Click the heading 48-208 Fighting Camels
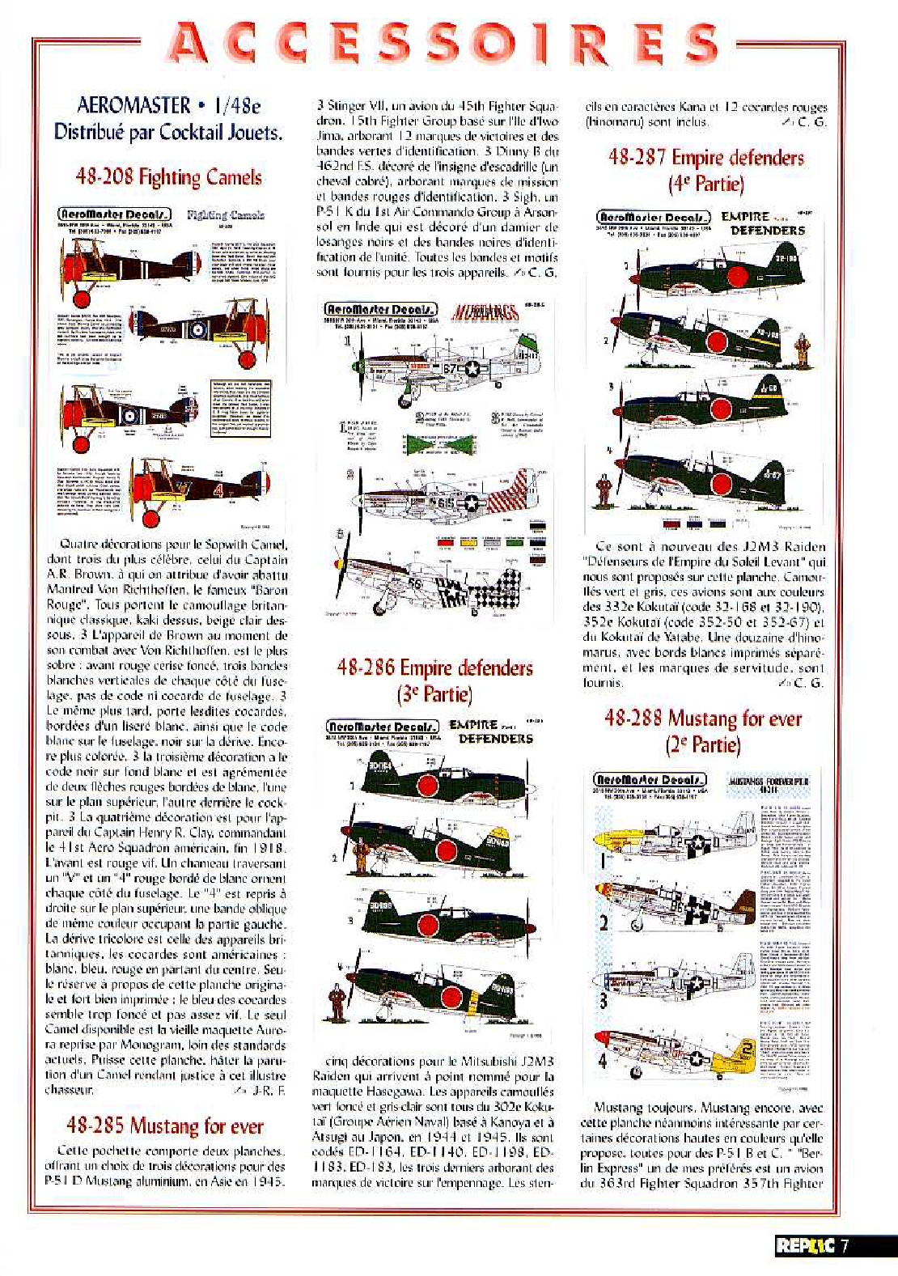168,176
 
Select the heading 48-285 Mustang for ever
165,1126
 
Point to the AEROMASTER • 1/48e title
168,105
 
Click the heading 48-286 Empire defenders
434,668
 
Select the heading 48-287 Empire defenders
705,157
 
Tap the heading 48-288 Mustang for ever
703,719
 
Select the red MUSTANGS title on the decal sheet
483,312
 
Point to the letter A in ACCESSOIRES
188,46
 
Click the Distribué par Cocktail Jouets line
168,132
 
